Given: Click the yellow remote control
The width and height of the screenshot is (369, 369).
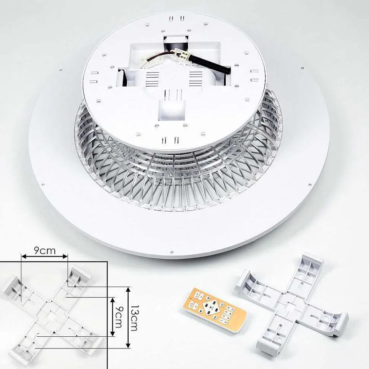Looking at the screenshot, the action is [215, 309].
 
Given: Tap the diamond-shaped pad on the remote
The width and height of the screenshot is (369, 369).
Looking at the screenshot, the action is [211, 307].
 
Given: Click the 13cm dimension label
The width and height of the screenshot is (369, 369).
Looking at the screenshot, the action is [134, 318].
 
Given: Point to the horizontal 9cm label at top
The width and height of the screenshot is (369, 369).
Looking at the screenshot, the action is [45, 250].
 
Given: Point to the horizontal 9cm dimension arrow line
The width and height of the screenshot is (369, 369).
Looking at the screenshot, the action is [44, 257].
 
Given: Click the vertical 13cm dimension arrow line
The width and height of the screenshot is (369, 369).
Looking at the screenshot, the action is [128, 317].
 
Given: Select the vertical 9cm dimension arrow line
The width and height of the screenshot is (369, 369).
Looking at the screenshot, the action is [113, 317].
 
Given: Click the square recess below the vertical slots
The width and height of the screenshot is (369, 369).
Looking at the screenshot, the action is [172, 110].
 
